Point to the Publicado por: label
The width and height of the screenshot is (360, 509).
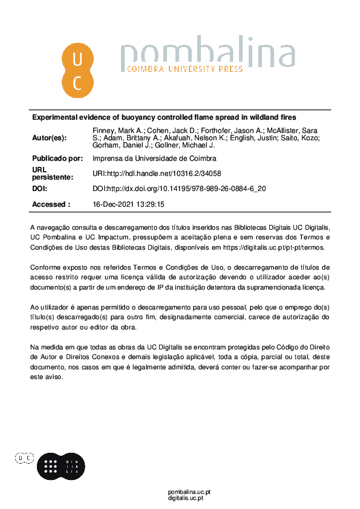[x=57, y=158]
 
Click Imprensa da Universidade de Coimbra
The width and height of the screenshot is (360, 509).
[x=154, y=158]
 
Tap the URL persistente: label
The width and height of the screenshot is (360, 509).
[x=52, y=173]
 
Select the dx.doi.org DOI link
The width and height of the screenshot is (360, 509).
[x=179, y=189]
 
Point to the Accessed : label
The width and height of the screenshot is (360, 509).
[x=51, y=204]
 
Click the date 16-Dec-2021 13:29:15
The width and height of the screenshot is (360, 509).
[x=128, y=204]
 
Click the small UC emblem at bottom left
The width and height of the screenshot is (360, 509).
[x=25, y=459]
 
